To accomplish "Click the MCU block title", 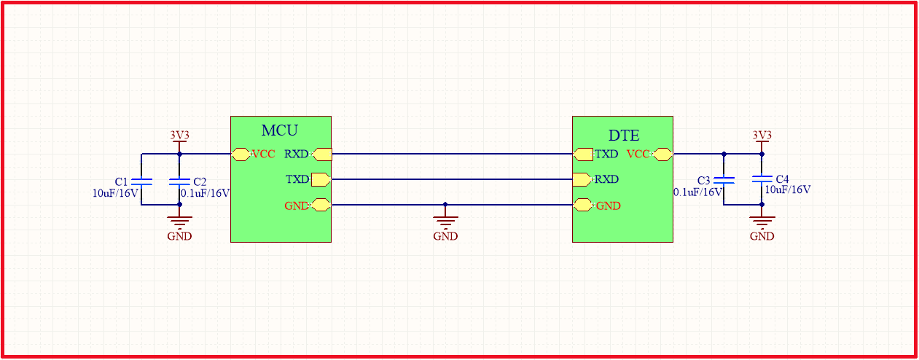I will [280, 131].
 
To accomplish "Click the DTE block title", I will [624, 136].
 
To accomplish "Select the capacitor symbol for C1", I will [141, 181].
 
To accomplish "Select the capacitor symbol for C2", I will [179, 181].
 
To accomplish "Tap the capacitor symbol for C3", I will [724, 180].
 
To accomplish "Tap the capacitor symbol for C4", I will [762, 179].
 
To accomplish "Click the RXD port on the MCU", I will [321, 154].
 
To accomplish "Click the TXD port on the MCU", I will [321, 179].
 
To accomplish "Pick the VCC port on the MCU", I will [241, 154].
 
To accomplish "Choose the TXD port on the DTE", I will [583, 154].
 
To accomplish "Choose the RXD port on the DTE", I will [582, 179].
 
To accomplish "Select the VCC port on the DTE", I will [662, 154].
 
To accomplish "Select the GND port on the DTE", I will [583, 206].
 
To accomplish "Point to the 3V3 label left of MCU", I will [179, 135].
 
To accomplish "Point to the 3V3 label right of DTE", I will [762, 135].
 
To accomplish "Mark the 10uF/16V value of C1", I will [114, 193].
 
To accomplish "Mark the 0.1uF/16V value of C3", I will [697, 192].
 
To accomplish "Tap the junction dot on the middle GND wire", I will [445, 205].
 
